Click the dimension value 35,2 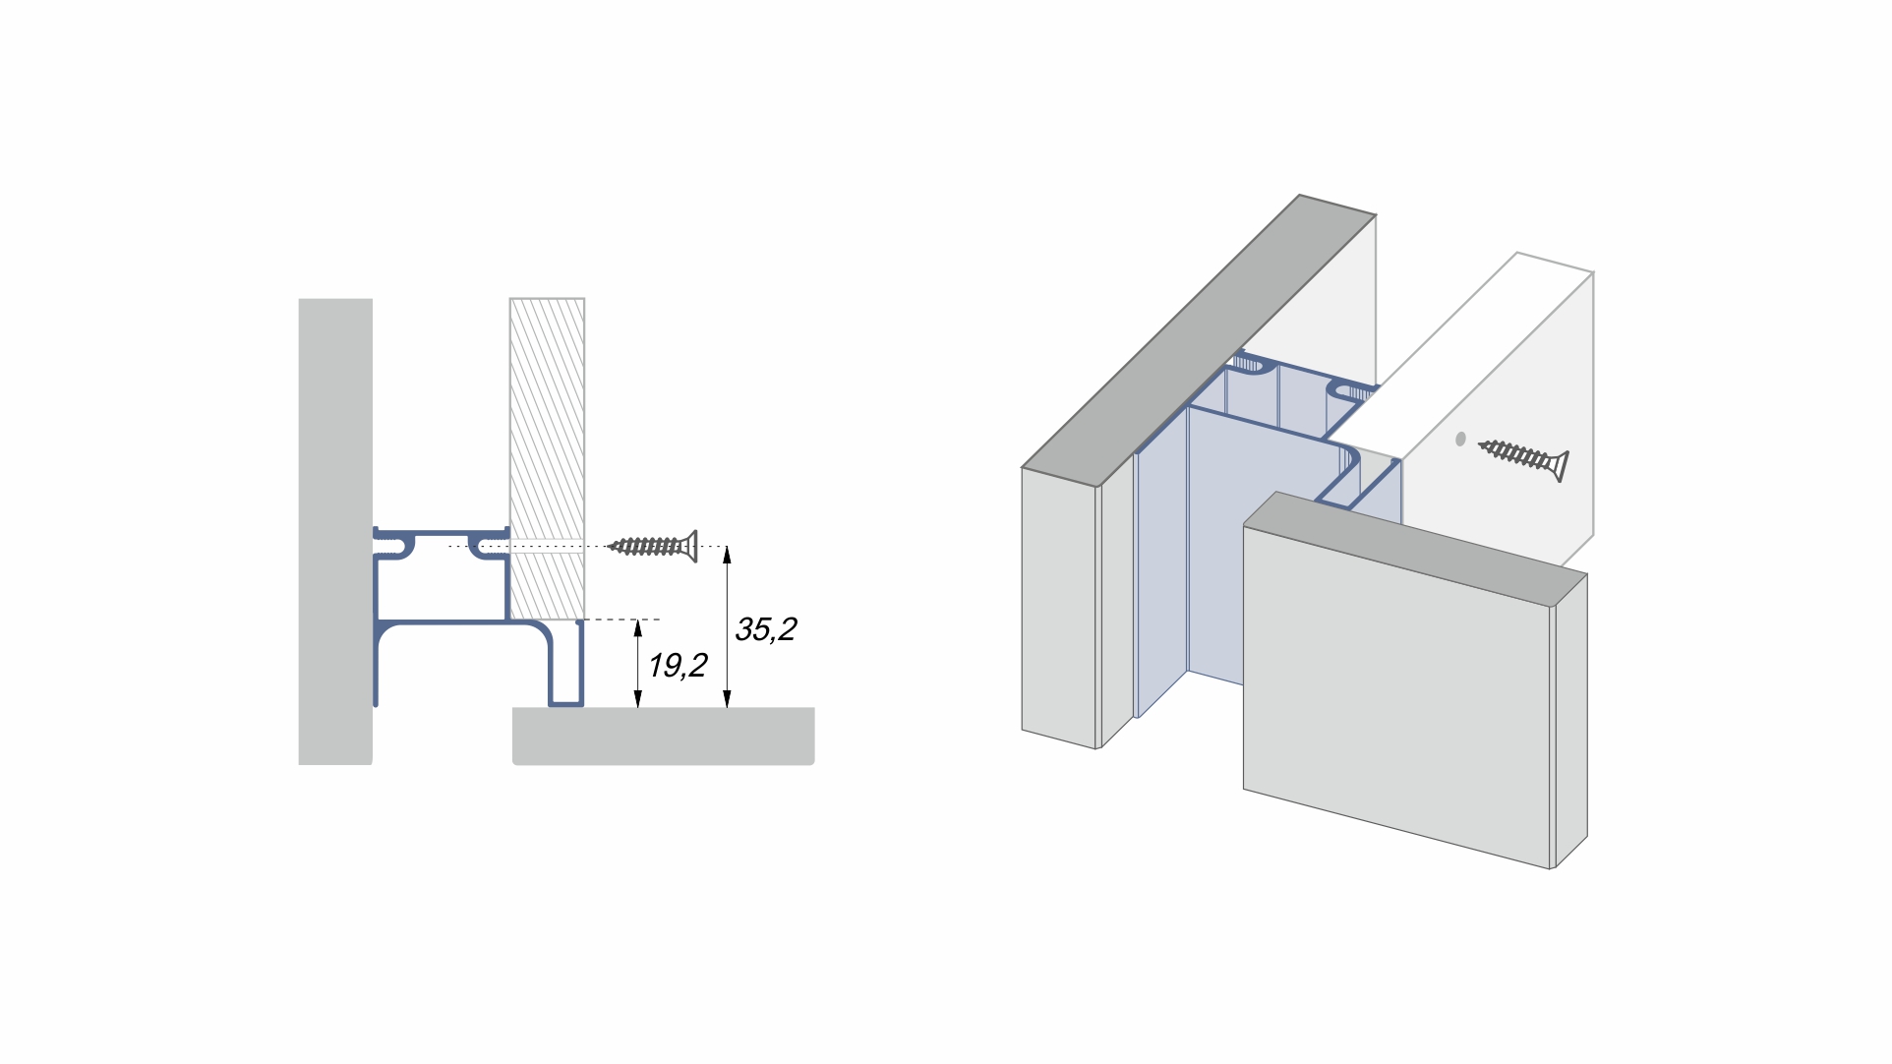(x=765, y=629)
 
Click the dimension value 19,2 (x=678, y=666)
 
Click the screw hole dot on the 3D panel (x=1460, y=440)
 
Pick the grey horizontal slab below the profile (x=663, y=736)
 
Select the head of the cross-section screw (x=690, y=546)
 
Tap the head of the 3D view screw (x=1557, y=465)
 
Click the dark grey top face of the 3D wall (x=1200, y=339)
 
